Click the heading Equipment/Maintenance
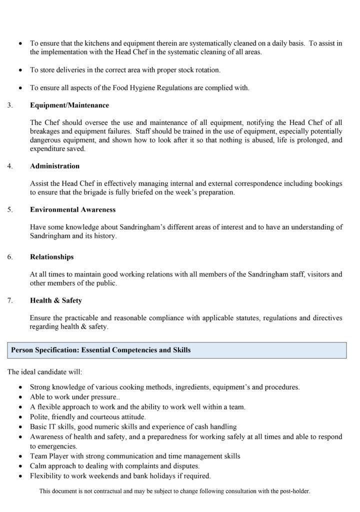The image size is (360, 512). [69, 105]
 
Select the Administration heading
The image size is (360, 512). [54, 166]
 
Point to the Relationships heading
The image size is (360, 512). [51, 257]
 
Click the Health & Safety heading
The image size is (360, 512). [55, 300]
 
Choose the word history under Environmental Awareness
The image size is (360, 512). [105, 236]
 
